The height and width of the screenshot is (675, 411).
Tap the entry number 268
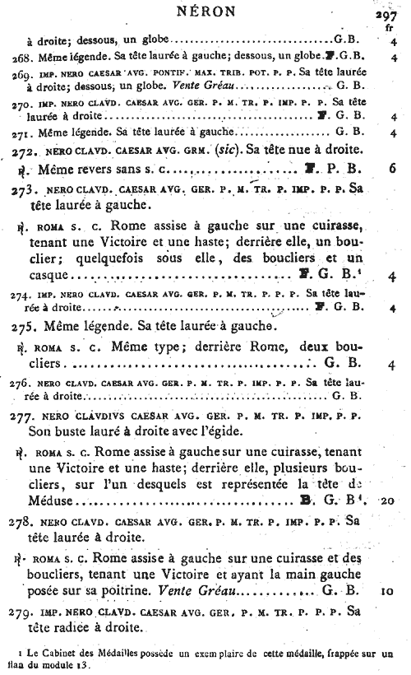[x=23, y=58]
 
